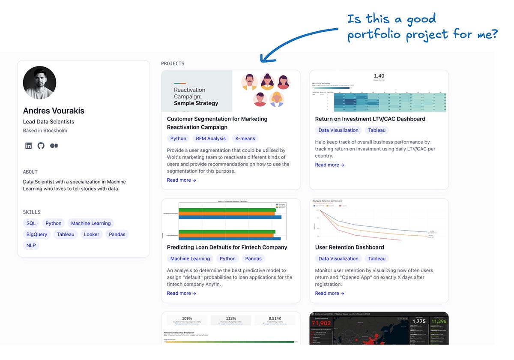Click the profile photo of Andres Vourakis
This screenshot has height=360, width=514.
[39, 83]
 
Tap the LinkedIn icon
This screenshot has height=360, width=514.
[28, 146]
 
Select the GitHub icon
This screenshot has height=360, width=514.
[41, 146]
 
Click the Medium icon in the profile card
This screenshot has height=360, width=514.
[54, 146]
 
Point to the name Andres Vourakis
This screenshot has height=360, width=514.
[54, 111]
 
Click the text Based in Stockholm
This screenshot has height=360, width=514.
[45, 131]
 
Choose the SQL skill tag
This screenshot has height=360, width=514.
[31, 223]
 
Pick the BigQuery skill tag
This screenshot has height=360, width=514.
[36, 234]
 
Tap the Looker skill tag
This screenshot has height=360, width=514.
[92, 234]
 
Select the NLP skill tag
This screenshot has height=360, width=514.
[31, 246]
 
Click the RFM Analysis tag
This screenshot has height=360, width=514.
[210, 138]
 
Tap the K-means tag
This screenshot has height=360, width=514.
[245, 138]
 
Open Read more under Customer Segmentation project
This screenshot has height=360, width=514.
[182, 180]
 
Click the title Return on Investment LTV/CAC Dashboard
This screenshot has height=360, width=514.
[370, 119]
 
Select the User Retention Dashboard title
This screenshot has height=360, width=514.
[350, 247]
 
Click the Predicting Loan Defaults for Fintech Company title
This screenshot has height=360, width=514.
[227, 247]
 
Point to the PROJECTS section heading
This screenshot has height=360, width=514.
[173, 63]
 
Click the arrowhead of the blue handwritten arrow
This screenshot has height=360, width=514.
[262, 60]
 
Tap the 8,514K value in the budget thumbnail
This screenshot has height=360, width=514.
[274, 318]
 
